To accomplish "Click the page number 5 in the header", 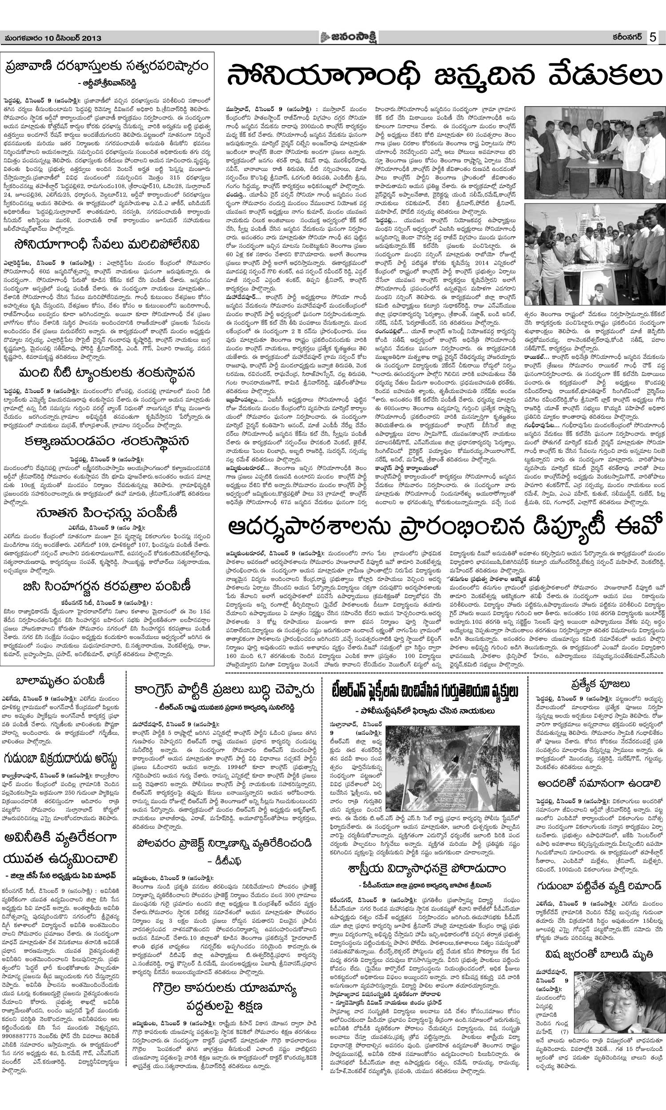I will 652,38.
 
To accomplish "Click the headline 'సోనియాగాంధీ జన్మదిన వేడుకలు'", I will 444,77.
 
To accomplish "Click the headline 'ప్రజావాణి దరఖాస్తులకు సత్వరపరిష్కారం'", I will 107,67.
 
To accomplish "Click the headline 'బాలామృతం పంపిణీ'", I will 60,681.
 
